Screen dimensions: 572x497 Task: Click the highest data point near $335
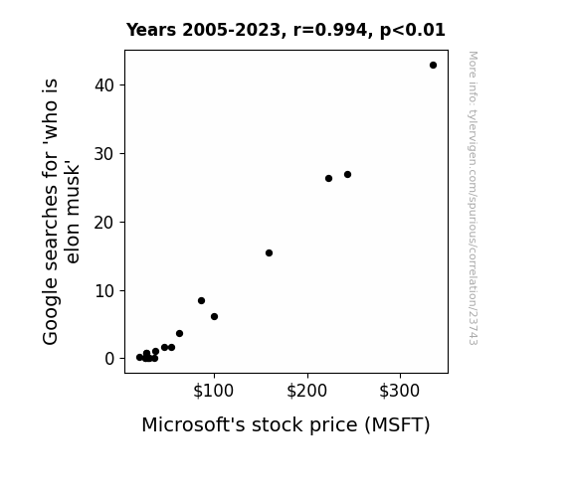[433, 66]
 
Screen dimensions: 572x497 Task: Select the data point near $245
[347, 175]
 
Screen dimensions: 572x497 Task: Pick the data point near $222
[328, 178]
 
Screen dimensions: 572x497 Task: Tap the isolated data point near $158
[269, 253]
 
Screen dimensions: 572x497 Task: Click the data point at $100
[215, 316]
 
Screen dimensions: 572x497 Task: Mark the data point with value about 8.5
[201, 301]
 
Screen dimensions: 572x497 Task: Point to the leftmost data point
[139, 358]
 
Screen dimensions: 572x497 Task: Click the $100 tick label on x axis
[214, 391]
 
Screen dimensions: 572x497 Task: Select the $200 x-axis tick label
[306, 391]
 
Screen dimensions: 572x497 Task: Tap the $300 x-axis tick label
[400, 391]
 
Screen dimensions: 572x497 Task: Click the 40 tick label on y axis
[104, 85]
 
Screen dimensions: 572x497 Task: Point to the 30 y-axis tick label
[104, 154]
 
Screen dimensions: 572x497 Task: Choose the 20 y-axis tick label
[104, 223]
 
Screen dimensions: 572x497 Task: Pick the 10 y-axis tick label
[104, 291]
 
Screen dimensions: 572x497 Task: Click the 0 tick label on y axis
[109, 359]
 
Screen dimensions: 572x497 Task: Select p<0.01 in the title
[413, 31]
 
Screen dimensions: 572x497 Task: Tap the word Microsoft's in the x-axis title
[193, 424]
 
